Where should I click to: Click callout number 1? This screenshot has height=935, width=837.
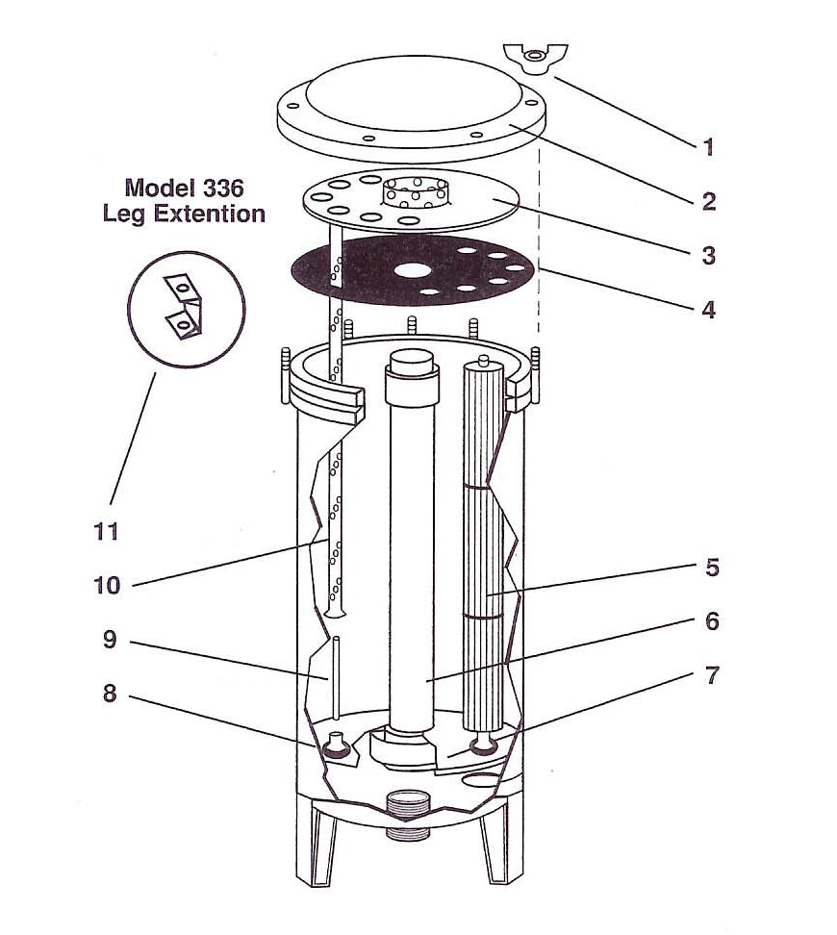(x=708, y=147)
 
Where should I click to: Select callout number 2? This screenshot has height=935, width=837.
(x=708, y=201)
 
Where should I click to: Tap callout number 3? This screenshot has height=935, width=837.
(x=708, y=256)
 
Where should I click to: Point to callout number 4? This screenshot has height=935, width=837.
(x=708, y=310)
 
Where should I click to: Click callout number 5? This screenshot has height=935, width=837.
(x=712, y=568)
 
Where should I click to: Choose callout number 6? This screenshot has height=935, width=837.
(x=712, y=621)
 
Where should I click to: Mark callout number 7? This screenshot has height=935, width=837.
(x=712, y=675)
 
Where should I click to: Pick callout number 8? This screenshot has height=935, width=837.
(x=109, y=693)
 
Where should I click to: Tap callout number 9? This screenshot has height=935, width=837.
(x=109, y=639)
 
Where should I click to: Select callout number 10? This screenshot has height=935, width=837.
(x=108, y=584)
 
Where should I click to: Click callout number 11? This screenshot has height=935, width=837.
(x=107, y=530)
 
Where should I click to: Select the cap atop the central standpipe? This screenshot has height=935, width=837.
(x=412, y=366)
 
